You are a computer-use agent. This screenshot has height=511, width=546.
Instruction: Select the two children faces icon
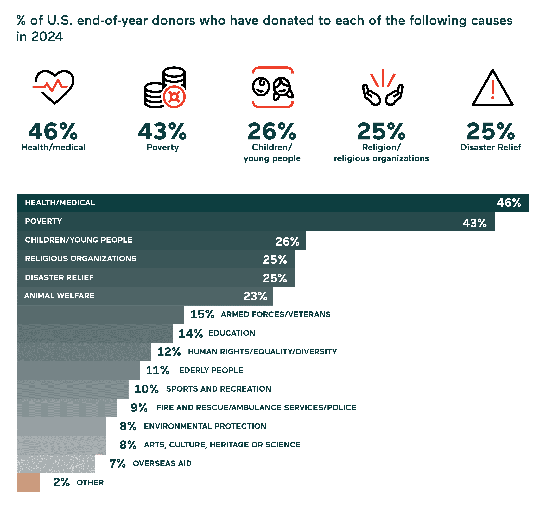273,87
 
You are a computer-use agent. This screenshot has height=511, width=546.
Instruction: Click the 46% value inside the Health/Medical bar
509,203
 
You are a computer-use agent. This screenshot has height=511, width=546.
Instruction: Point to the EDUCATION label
232,333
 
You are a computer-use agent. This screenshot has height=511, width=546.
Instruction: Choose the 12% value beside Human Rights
169,352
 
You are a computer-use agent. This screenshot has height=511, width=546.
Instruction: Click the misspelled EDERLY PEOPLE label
211,370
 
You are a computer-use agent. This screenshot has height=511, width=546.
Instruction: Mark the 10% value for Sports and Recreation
146,389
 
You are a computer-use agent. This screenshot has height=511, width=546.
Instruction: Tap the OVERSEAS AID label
162,464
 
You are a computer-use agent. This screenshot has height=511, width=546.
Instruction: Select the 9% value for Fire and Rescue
139,408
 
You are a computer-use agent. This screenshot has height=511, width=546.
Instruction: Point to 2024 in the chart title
47,37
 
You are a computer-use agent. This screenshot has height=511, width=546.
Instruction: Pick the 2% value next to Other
61,482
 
